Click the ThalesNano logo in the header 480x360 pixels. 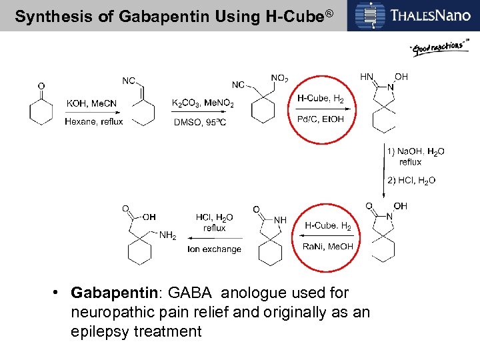coord(413,15)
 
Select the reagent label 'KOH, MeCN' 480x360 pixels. coord(93,103)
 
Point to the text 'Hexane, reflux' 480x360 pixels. coord(94,121)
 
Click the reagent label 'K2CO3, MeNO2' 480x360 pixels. coord(201,103)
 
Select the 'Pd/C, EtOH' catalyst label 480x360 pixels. coord(321,119)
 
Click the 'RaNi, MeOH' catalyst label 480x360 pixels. coord(327,246)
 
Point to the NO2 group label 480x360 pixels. coord(279,79)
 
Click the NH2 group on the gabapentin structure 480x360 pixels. coord(167,235)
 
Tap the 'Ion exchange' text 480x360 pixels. coord(214,249)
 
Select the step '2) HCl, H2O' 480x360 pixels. coord(411,180)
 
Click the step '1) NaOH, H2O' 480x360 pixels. coord(416,151)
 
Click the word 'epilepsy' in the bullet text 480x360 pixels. coord(101,331)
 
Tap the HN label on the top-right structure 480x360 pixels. coord(367,77)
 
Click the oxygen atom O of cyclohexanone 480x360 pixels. coord(41,86)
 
